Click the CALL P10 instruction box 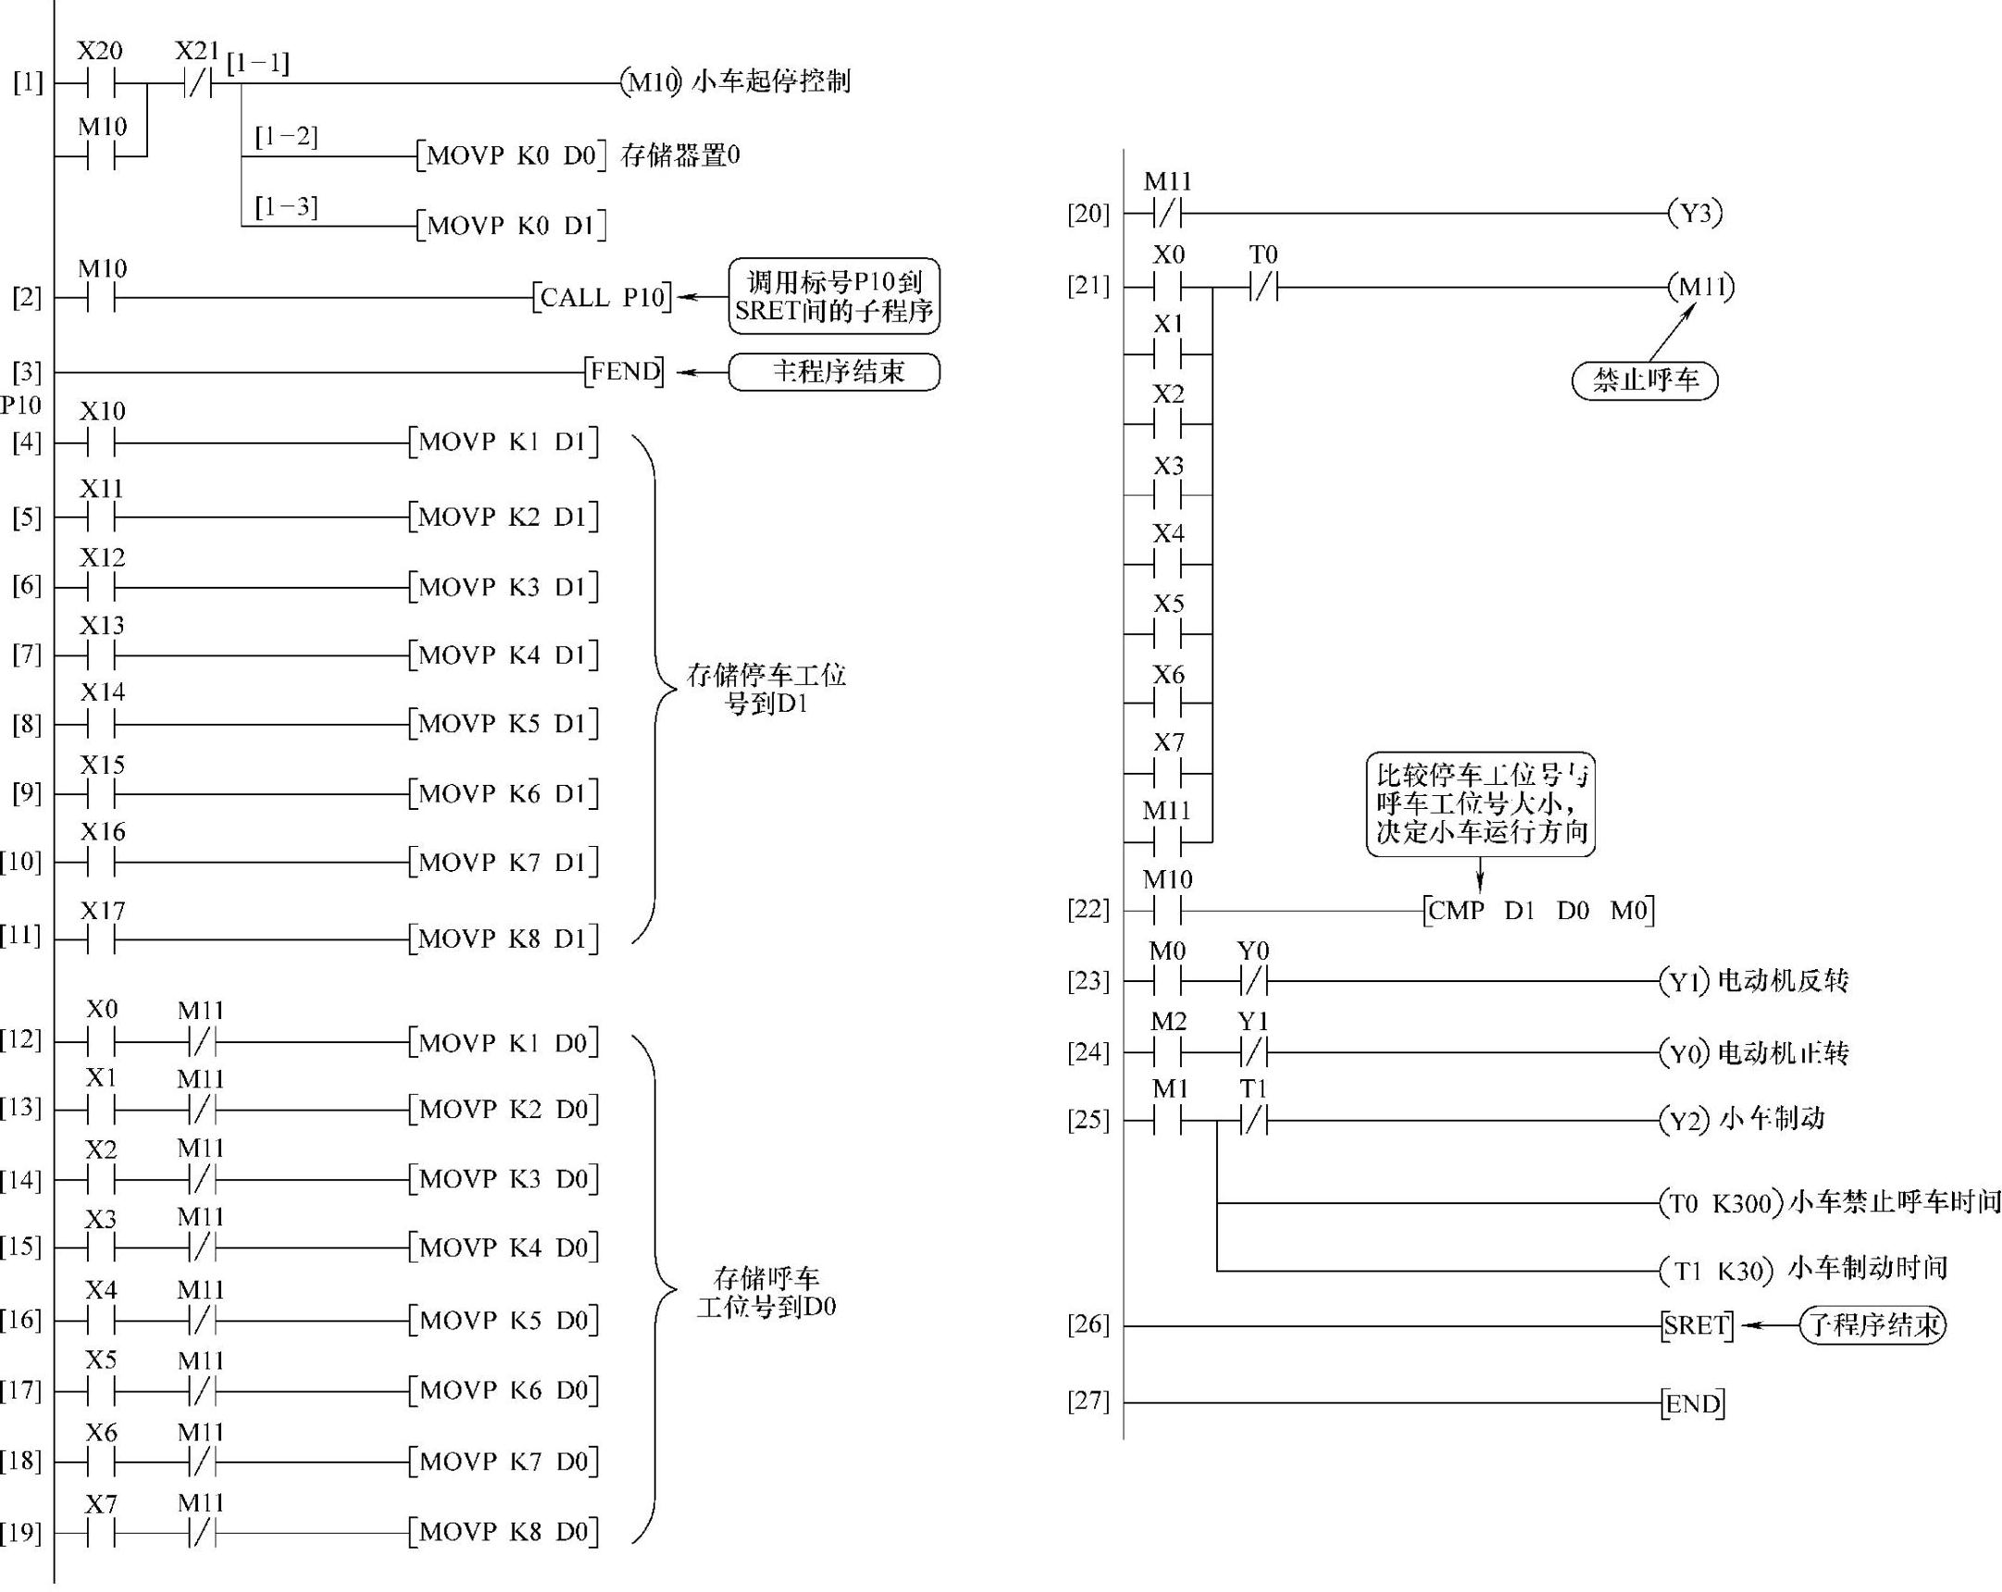pyautogui.click(x=602, y=297)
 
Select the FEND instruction pyautogui.click(x=624, y=372)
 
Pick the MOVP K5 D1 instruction pyautogui.click(x=504, y=724)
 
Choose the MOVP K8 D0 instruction pyautogui.click(x=504, y=1532)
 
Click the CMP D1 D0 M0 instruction pyautogui.click(x=1537, y=911)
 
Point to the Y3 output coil pyautogui.click(x=1695, y=214)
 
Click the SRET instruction pyautogui.click(x=1697, y=1325)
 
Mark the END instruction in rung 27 pyautogui.click(x=1694, y=1403)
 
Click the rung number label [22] pyautogui.click(x=1088, y=909)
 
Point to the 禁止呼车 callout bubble pyautogui.click(x=1645, y=379)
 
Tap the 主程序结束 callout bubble pyautogui.click(x=834, y=372)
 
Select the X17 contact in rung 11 pyautogui.click(x=101, y=940)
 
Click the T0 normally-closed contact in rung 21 pyautogui.click(x=1262, y=288)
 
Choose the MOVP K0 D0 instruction pyautogui.click(x=511, y=156)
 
